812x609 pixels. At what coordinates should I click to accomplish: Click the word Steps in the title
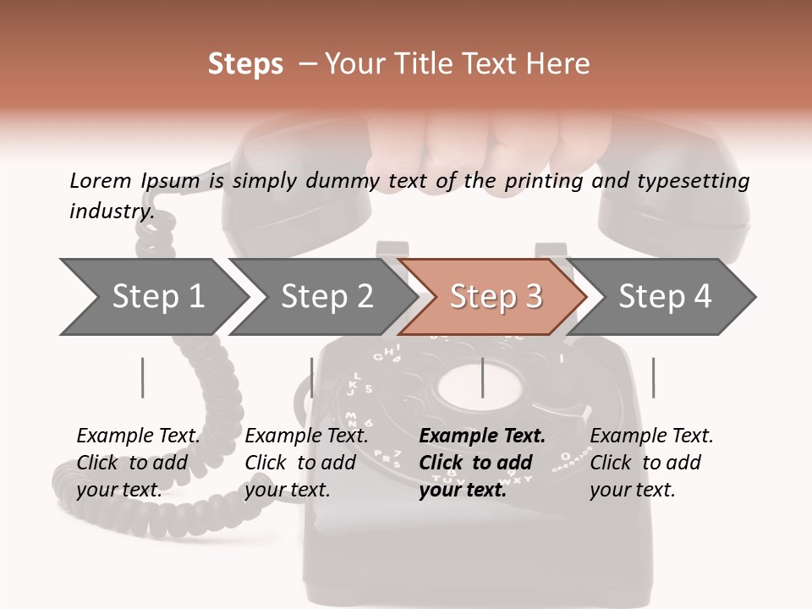pyautogui.click(x=245, y=64)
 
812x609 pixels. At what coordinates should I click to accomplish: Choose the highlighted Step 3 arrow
pyautogui.click(x=496, y=297)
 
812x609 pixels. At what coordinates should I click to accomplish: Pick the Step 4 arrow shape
pyautogui.click(x=665, y=297)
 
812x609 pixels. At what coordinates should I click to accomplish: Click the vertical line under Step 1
pyautogui.click(x=143, y=377)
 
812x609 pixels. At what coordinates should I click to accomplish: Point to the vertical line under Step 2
pyautogui.click(x=312, y=377)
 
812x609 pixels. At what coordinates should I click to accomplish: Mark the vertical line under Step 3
pyautogui.click(x=483, y=377)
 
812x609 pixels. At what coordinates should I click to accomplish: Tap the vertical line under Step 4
pyautogui.click(x=654, y=377)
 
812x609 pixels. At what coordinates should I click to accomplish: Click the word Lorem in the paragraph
pyautogui.click(x=101, y=180)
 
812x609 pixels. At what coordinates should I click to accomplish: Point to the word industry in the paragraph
pyautogui.click(x=111, y=211)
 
